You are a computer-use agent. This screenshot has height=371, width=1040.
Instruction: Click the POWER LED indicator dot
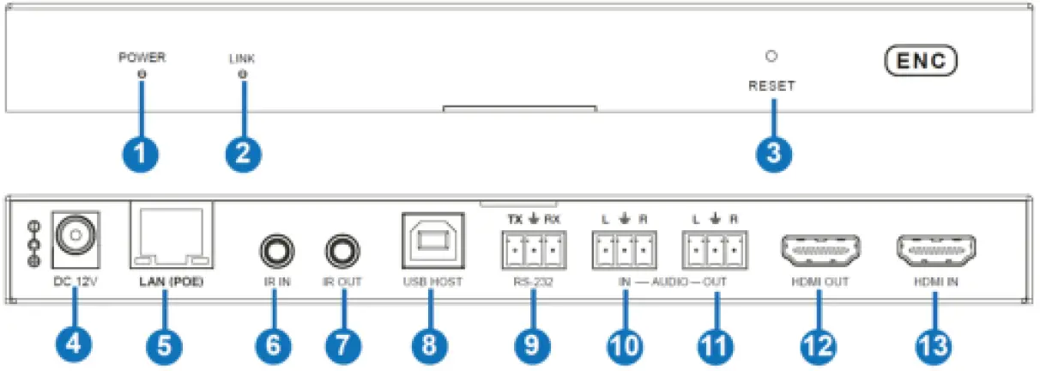[142, 76]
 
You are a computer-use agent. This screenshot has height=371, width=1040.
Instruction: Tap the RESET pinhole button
[771, 58]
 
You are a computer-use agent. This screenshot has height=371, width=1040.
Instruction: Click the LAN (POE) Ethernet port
[170, 236]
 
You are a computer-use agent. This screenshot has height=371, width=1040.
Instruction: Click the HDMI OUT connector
[820, 252]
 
